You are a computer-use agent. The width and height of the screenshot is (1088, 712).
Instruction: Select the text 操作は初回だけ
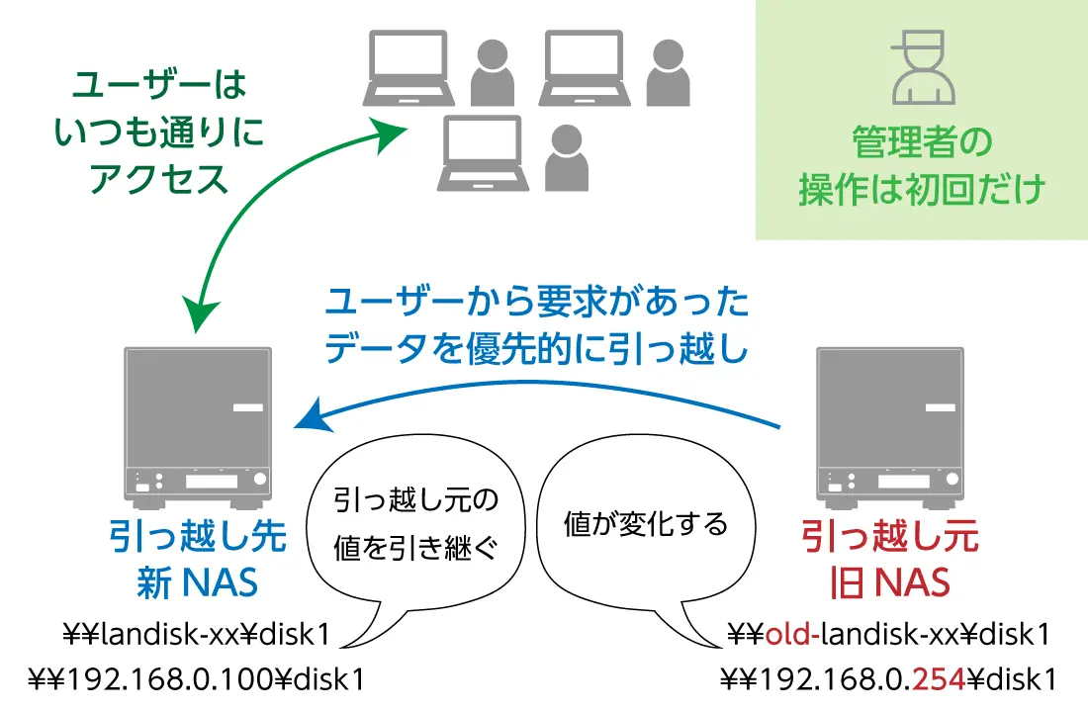tap(921, 189)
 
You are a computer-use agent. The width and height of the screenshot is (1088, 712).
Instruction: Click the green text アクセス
tap(159, 178)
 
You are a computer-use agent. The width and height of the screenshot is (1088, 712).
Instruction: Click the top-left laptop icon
tap(408, 67)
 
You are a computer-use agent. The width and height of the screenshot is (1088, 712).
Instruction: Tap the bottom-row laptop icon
tap(481, 152)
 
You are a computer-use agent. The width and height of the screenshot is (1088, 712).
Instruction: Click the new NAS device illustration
tap(198, 425)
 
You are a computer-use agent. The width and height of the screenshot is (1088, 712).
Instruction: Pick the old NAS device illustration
tap(888, 425)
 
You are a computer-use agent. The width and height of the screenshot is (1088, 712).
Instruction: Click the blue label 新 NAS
tap(197, 582)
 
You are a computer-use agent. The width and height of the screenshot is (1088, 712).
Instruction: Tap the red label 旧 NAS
tap(889, 582)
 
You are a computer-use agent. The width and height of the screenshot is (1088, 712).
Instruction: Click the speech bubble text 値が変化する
tap(645, 523)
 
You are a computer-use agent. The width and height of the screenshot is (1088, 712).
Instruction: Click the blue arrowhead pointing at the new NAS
tap(310, 415)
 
